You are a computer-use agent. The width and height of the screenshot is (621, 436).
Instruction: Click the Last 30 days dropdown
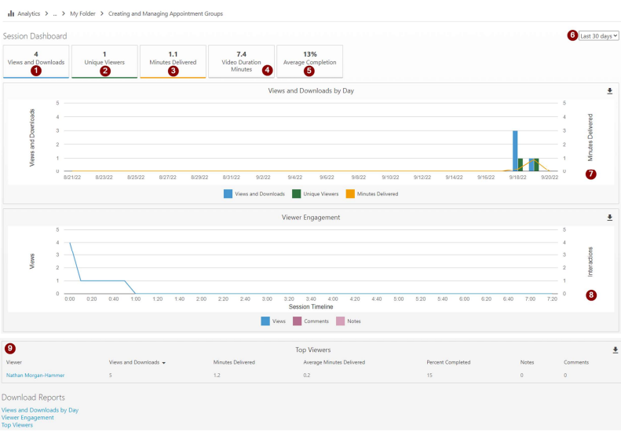(x=598, y=35)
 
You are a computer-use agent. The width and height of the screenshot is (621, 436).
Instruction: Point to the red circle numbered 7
(x=590, y=174)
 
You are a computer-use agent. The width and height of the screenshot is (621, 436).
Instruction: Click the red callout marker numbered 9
(x=10, y=348)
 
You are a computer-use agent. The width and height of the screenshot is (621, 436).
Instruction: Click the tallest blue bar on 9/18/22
(x=515, y=150)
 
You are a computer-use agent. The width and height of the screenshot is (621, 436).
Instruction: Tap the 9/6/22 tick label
(x=327, y=178)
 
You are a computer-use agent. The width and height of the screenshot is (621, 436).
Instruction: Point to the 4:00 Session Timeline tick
(x=333, y=299)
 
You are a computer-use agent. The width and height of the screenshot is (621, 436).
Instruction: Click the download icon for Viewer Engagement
(x=609, y=218)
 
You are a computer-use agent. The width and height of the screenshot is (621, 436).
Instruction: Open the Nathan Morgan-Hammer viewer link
(x=35, y=376)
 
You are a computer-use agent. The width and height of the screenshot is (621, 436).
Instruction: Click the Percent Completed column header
(x=448, y=362)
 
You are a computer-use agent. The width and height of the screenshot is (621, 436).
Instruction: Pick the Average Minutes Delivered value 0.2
(x=308, y=376)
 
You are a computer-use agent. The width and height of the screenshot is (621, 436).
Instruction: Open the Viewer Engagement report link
(x=27, y=417)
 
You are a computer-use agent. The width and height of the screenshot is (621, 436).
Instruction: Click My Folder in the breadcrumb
(x=85, y=13)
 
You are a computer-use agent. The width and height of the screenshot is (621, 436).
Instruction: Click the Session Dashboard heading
(x=35, y=36)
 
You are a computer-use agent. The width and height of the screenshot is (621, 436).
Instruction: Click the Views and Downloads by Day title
(x=311, y=91)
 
